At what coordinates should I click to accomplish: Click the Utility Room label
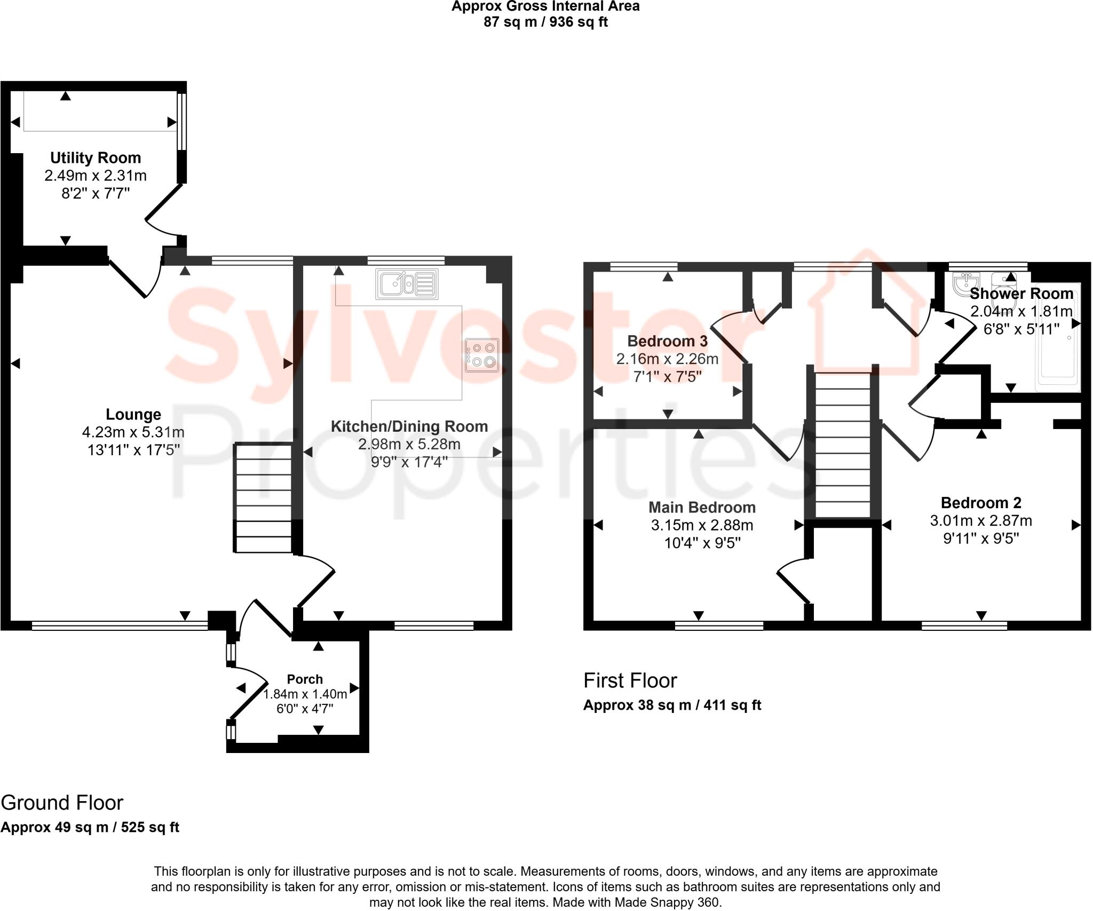pyautogui.click(x=96, y=158)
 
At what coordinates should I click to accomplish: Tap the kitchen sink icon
pyautogui.click(x=407, y=284)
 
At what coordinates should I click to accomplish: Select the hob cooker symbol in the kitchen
pyautogui.click(x=481, y=355)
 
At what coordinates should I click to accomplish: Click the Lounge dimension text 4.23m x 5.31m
pyautogui.click(x=133, y=432)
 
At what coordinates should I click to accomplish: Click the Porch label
pyautogui.click(x=305, y=679)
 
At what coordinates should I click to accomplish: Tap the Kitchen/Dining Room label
pyautogui.click(x=409, y=426)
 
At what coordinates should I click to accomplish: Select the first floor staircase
pyautogui.click(x=843, y=446)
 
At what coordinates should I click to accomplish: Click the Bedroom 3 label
pyautogui.click(x=667, y=341)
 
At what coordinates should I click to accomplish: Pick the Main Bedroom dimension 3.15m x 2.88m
pyautogui.click(x=702, y=525)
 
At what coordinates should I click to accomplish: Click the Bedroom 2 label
pyautogui.click(x=981, y=503)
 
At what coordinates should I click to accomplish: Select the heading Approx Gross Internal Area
pyautogui.click(x=545, y=6)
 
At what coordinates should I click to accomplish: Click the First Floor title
pyautogui.click(x=630, y=681)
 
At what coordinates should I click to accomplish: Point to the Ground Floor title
pyautogui.click(x=62, y=803)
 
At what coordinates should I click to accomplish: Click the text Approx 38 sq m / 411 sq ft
pyautogui.click(x=672, y=705)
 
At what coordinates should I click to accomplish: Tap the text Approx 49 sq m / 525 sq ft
pyautogui.click(x=90, y=827)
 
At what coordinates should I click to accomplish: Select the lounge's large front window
pyautogui.click(x=120, y=625)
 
